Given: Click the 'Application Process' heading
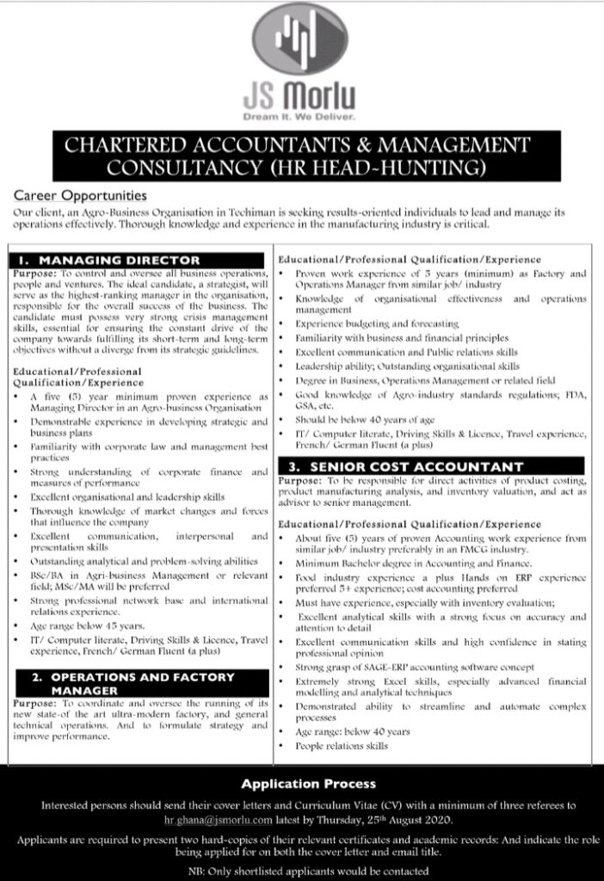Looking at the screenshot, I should tap(308, 784).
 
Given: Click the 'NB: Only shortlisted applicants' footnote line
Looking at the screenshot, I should tap(301, 871).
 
